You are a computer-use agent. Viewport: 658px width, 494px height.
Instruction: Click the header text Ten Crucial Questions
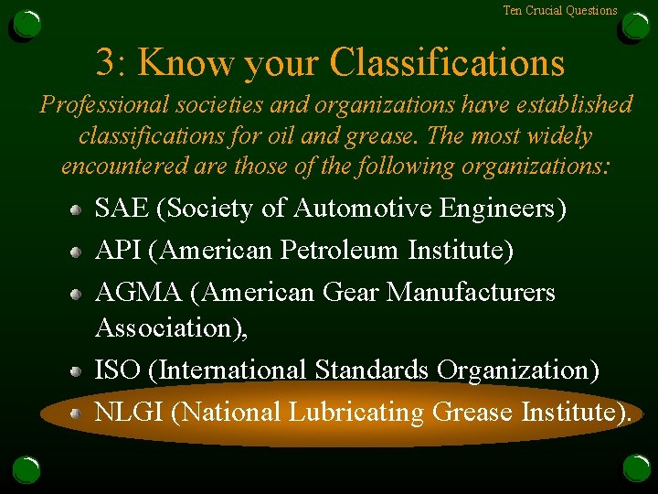click(x=560, y=11)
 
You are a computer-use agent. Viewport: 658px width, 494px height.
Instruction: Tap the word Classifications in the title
click(x=447, y=63)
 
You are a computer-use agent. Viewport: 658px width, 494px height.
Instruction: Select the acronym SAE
click(x=122, y=209)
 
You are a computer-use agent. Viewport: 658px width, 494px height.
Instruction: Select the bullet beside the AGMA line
click(x=79, y=294)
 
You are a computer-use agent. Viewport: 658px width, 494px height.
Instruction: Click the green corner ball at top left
click(x=27, y=25)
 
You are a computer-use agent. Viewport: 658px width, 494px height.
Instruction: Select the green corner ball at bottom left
click(x=27, y=469)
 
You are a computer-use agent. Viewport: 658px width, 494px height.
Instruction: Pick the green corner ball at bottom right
click(x=636, y=468)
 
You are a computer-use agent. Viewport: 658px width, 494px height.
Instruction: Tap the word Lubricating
click(x=356, y=413)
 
